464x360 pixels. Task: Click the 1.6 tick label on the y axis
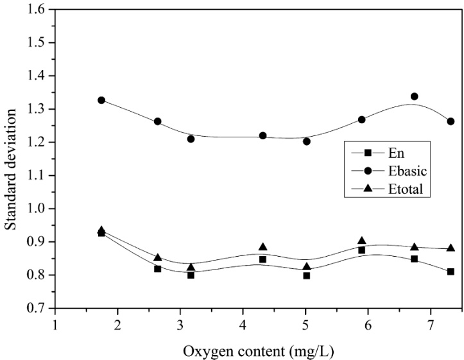click(x=39, y=10)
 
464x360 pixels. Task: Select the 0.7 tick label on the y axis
click(x=39, y=309)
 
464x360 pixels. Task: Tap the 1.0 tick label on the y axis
click(x=39, y=209)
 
